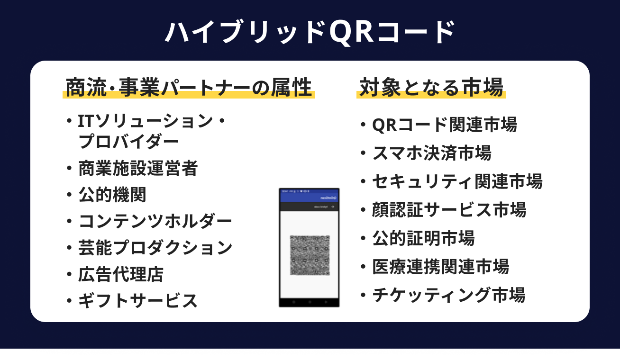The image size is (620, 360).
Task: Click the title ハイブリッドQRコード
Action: coord(310,33)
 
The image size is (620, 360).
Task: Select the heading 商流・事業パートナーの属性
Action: coord(189,88)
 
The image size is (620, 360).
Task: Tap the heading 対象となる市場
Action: coord(431,88)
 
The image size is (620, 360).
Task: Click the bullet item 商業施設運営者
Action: coord(137,168)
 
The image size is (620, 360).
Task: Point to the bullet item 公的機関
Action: coord(112,195)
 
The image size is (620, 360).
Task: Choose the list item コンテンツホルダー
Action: coord(155,221)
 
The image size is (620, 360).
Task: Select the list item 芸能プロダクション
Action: coord(155,247)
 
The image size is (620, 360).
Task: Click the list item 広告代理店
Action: coord(121,274)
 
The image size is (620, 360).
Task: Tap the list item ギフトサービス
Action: coord(137,300)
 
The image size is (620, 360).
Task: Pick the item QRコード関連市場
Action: coord(444,125)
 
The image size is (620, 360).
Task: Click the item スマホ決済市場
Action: coord(431,153)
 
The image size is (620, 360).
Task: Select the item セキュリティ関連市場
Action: coord(457,181)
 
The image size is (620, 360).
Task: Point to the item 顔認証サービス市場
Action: coord(449,209)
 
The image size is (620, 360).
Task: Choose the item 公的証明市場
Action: coord(423,238)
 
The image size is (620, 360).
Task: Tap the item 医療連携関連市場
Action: coord(440,266)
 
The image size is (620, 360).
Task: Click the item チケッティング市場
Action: coord(448,295)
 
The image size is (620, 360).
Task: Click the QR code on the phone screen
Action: coord(310,255)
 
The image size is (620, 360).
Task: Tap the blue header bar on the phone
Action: coord(309,197)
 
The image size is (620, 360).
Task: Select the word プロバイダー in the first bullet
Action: coord(128,141)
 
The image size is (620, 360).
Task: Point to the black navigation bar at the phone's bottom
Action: coord(309,302)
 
